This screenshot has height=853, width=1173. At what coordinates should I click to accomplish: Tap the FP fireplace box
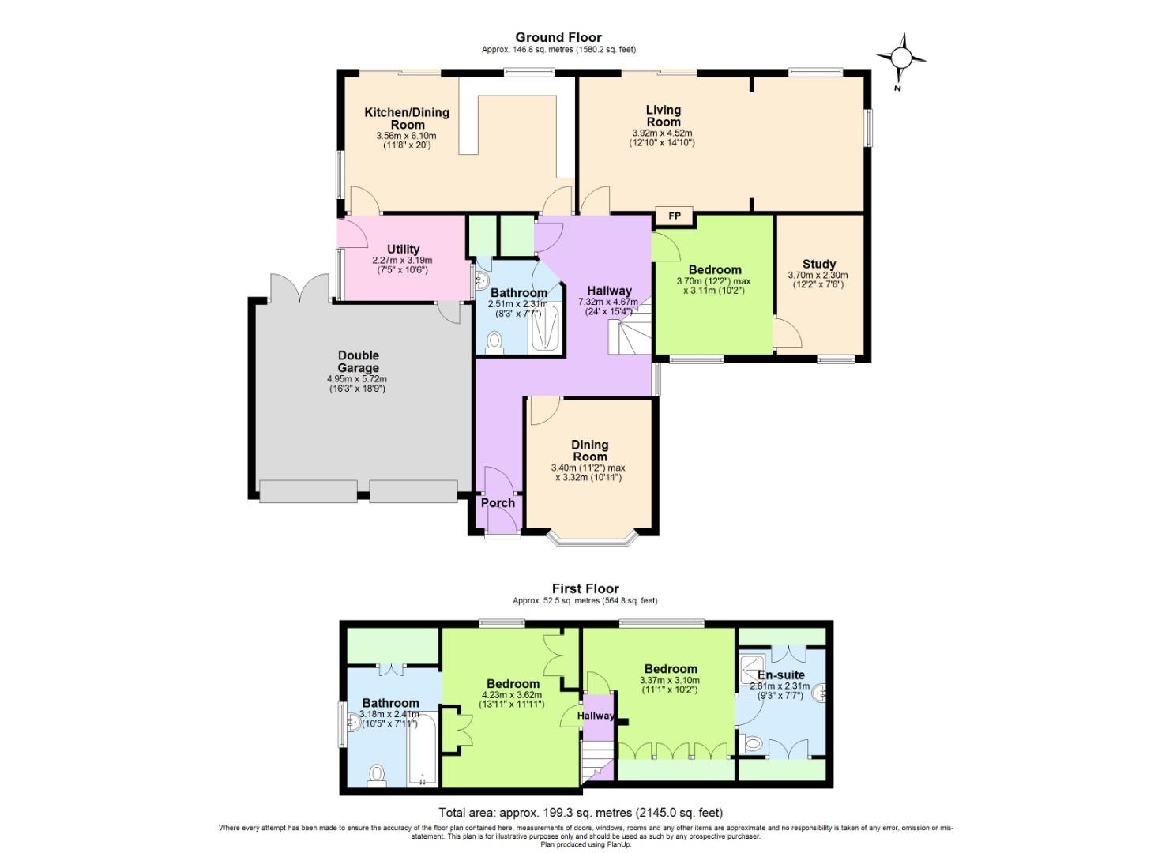674,216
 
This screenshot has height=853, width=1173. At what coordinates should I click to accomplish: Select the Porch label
498,503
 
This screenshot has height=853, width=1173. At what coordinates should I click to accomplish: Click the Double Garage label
358,362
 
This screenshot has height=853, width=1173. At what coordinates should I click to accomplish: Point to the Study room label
819,264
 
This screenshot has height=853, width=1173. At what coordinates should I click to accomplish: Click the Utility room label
403,250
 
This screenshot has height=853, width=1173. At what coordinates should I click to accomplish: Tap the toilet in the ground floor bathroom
495,342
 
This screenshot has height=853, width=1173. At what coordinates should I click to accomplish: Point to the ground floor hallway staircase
629,332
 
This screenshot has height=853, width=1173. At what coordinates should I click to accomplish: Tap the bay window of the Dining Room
590,540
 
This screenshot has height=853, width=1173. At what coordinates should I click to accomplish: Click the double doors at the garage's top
299,288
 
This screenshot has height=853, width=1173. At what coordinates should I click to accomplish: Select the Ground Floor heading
558,37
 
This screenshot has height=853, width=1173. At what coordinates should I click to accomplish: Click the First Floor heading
585,588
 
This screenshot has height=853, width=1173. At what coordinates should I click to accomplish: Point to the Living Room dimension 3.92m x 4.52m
662,133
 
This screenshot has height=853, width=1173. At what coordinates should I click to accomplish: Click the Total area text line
581,812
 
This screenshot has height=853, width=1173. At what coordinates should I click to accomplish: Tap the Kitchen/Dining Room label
406,118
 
